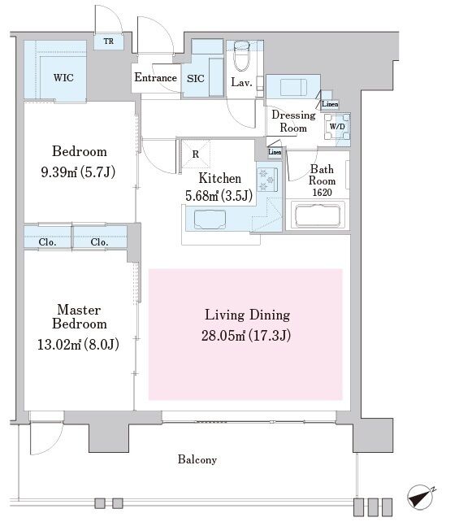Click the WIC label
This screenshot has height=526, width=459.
pyautogui.click(x=63, y=78)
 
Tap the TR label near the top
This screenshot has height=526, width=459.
pyautogui.click(x=108, y=41)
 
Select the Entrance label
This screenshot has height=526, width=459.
pyautogui.click(x=155, y=77)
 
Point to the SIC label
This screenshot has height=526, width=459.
pyautogui.click(x=196, y=79)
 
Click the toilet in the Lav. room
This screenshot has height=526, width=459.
pyautogui.click(x=241, y=56)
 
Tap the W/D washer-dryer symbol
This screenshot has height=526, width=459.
pyautogui.click(x=337, y=127)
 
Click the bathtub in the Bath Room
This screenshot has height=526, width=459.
pyautogui.click(x=318, y=215)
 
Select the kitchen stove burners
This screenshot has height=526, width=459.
pyautogui.click(x=267, y=180)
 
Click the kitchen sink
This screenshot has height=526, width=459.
pyautogui.click(x=210, y=220)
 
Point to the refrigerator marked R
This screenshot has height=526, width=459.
pyautogui.click(x=196, y=154)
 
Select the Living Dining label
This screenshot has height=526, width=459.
pyautogui.click(x=248, y=315)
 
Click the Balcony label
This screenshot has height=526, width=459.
pyautogui.click(x=197, y=459)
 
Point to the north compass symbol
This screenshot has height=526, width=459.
pyautogui.click(x=421, y=497)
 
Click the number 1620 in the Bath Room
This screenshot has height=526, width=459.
pyautogui.click(x=323, y=193)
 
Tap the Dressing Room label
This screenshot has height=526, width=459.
pyautogui.click(x=293, y=121)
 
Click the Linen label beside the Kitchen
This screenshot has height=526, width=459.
pyautogui.click(x=275, y=152)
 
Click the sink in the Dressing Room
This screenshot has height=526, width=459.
pyautogui.click(x=293, y=87)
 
